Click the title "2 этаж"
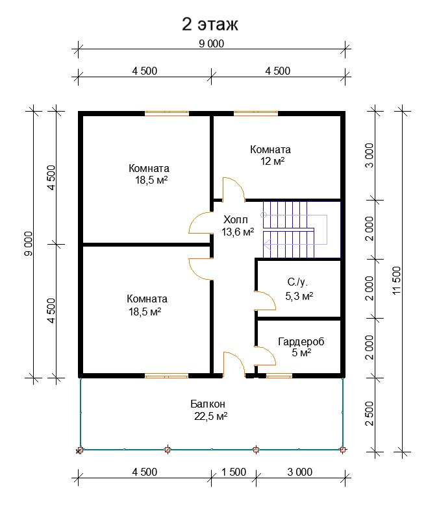tap(210, 24)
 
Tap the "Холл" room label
tap(236, 219)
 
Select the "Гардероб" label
tap(301, 341)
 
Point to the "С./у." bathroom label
tap(297, 282)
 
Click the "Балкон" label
tap(208, 404)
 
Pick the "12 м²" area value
tap(272, 162)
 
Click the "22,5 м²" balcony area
tap(210, 416)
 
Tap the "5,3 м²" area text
tap(299, 296)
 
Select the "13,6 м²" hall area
tap(238, 232)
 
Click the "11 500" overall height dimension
tap(397, 280)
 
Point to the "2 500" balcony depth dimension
tap(370, 413)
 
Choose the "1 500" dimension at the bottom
tap(234, 472)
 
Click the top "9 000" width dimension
tap(211, 43)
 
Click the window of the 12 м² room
tap(256, 114)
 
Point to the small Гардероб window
tap(279, 376)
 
